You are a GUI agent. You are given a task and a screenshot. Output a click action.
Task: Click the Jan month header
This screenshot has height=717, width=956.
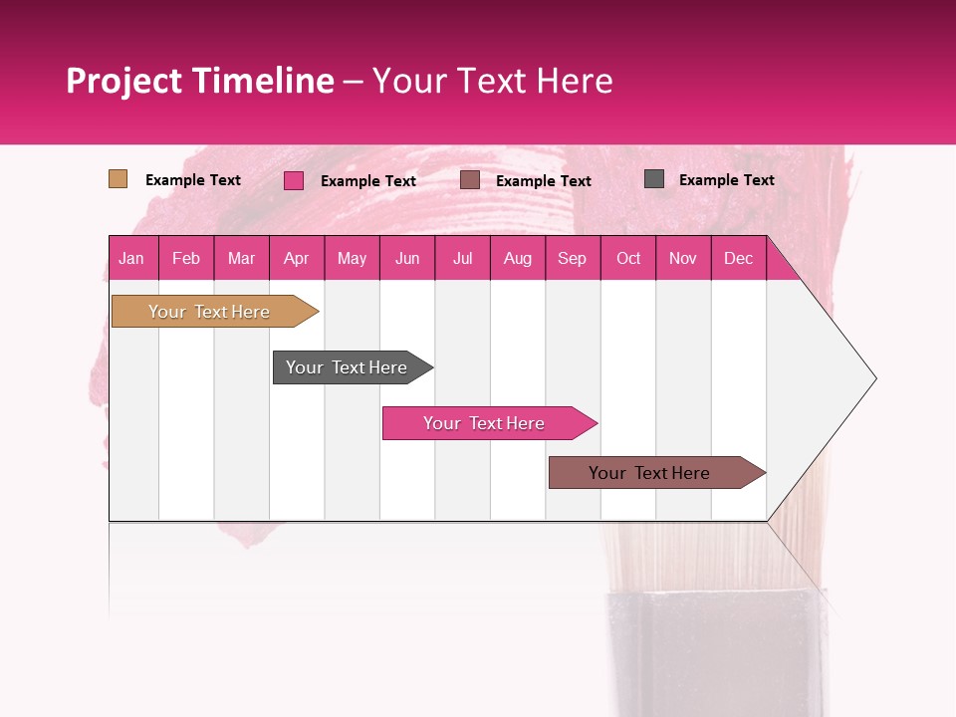[x=131, y=258]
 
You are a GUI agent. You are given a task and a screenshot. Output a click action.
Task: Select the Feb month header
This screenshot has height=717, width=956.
[x=186, y=258]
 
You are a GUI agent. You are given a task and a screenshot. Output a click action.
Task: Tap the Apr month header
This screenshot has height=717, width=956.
[x=296, y=258]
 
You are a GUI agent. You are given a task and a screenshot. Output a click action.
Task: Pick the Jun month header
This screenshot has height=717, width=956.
[x=407, y=258]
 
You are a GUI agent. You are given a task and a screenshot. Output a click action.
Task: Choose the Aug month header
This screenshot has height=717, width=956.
[x=517, y=258]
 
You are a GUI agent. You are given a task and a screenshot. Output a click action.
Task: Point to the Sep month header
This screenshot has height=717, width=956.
[x=572, y=258]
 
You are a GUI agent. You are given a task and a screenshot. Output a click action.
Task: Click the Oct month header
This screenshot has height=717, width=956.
[x=628, y=258]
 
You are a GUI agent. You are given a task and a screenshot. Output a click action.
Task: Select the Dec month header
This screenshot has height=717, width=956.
[x=738, y=258]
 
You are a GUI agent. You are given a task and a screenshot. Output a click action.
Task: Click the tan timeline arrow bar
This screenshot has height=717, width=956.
[x=210, y=312]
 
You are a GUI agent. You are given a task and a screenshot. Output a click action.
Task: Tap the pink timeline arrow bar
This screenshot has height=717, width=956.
[x=485, y=423]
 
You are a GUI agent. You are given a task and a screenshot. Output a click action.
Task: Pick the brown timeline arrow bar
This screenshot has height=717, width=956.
[x=650, y=473]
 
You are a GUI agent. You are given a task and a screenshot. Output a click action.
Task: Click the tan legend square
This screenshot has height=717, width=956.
[x=119, y=179]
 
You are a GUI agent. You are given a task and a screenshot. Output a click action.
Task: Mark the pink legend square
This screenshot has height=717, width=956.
[x=294, y=180]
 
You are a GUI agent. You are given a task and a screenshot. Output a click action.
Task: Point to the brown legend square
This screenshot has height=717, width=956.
[x=470, y=179]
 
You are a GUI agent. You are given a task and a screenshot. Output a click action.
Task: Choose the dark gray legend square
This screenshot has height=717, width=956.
[x=654, y=179]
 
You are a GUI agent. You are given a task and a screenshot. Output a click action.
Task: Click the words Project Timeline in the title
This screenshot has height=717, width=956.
[x=200, y=81]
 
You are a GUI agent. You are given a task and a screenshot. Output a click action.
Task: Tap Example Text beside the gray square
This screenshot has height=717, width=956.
[x=726, y=180]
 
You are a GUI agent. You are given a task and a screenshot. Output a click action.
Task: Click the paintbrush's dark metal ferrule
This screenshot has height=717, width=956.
[x=715, y=652]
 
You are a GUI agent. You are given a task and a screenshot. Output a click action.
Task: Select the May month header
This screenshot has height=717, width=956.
[x=352, y=258]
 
